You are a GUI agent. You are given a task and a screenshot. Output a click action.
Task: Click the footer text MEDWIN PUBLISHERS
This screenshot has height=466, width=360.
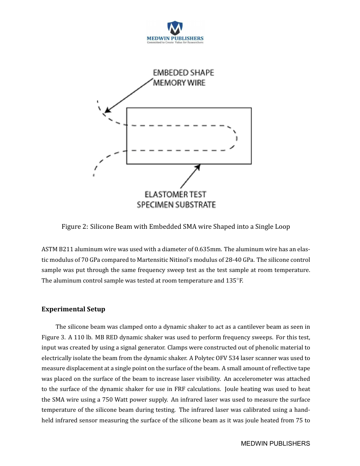pyautogui.click(x=275, y=444)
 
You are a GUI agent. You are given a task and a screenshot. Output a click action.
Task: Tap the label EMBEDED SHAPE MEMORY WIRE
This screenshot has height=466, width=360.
pyautogui.click(x=183, y=78)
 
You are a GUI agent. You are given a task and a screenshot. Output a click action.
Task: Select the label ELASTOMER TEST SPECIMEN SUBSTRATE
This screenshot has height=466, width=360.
pyautogui.click(x=176, y=200)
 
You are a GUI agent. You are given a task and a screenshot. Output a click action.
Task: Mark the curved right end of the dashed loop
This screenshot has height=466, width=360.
pyautogui.click(x=235, y=138)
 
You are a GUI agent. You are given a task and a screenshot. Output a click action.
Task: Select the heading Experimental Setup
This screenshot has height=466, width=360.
pyautogui.click(x=73, y=309)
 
